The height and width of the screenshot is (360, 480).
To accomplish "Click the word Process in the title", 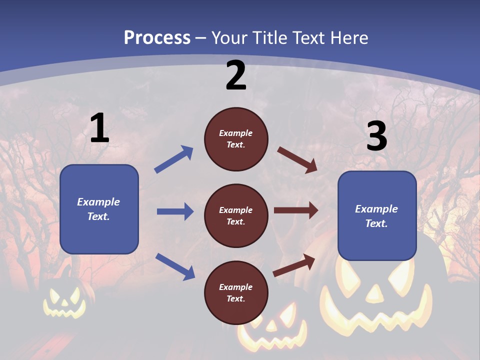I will click(157, 38).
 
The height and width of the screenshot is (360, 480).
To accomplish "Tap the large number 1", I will click(99, 128).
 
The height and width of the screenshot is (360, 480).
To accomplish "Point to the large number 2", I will click(236, 75).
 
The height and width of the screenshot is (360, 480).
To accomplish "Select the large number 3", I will click(376, 136).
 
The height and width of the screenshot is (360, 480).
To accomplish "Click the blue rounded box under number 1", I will click(99, 209).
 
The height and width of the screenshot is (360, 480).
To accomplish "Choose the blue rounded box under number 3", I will click(377, 215).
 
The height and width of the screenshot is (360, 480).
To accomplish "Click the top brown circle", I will click(236, 139).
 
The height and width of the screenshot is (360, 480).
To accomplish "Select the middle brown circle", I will click(236, 215).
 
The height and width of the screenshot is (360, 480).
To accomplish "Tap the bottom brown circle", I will click(236, 292).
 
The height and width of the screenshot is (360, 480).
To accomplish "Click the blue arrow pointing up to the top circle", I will click(173, 159).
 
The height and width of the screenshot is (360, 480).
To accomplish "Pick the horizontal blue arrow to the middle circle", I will click(175, 211).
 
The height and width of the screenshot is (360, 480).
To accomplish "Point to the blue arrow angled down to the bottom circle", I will click(175, 266).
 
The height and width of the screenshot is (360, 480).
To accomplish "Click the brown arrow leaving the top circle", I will click(297, 159).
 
